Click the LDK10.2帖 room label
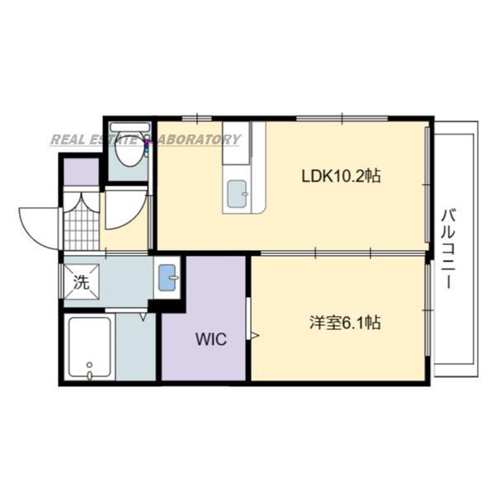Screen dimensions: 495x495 point(341,176)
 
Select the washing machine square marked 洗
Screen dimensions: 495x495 point(81,280)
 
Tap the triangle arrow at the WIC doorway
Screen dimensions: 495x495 point(255,335)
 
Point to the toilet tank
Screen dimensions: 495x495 point(130,132)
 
